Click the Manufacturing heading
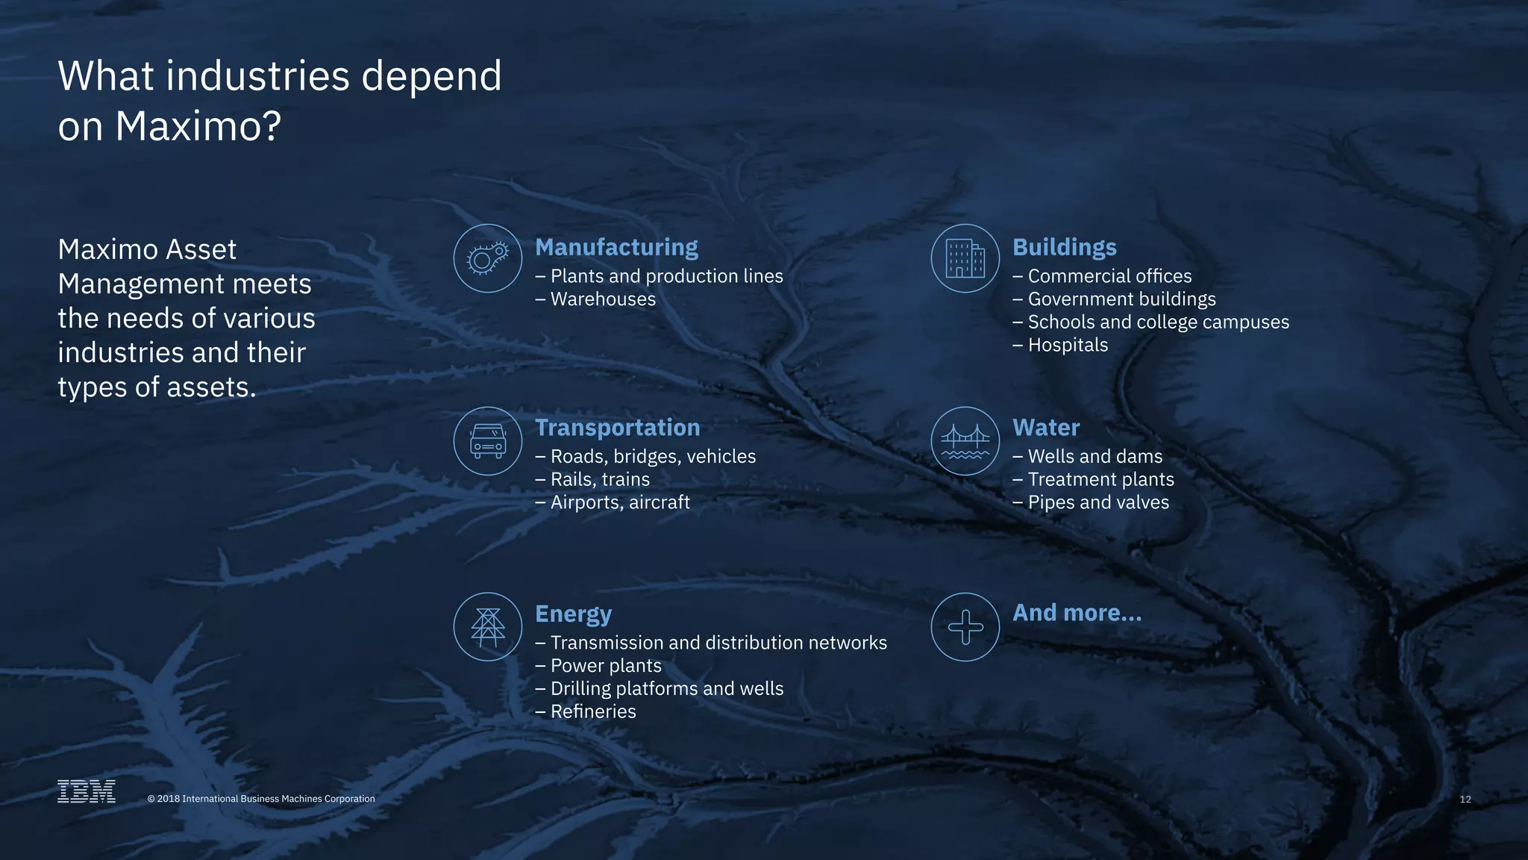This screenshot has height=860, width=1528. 616,247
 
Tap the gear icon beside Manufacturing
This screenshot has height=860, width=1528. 488,258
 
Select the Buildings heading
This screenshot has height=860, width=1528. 1064,247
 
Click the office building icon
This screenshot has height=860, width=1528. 965,258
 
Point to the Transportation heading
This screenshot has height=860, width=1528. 617,427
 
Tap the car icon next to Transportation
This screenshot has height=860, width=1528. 488,440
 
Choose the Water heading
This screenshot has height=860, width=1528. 1045,427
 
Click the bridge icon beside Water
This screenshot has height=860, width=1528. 965,440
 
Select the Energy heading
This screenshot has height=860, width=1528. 573,614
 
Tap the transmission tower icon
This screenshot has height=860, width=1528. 488,627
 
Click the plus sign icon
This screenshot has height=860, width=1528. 965,627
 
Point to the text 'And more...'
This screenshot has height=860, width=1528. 1077,613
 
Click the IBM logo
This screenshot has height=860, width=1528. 87,791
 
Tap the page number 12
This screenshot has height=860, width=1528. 1465,800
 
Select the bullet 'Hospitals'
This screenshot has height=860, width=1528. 1068,345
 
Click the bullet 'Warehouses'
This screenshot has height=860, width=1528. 603,299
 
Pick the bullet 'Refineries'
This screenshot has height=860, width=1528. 593,711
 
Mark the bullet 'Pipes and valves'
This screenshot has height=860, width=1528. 1098,502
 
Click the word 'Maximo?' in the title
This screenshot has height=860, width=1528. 198,125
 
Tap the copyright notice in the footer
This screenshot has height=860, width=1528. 261,799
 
